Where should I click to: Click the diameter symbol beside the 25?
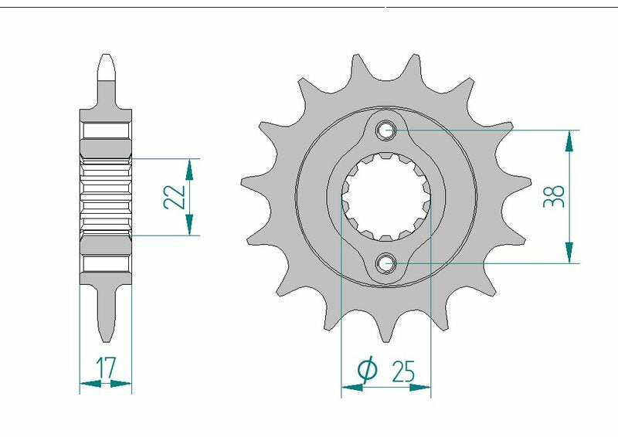368,372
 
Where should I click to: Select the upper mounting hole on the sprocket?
386,130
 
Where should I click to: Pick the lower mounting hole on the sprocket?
386,264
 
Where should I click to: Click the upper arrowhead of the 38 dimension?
569,139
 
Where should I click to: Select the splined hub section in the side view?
106,196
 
